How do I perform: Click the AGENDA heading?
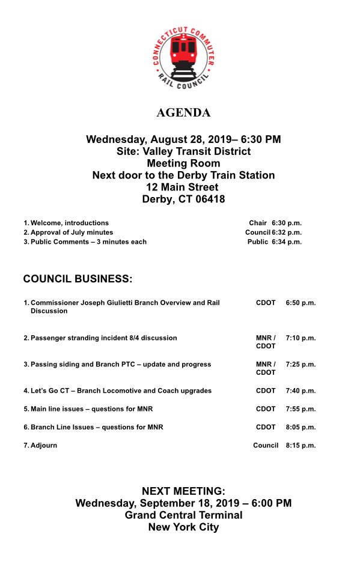183,113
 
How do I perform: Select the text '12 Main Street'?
183,187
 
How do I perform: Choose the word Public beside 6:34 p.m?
257,242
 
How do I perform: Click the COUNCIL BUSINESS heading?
77,279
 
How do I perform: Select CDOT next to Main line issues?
266,409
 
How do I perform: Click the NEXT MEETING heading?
183,491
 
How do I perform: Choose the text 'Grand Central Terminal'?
183,515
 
